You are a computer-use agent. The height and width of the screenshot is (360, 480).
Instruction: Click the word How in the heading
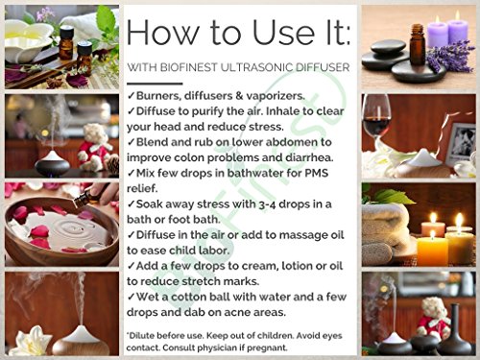click(162, 32)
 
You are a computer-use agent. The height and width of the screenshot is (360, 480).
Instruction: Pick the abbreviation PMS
click(316, 173)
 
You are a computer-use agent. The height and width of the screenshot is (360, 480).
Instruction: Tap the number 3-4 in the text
click(267, 204)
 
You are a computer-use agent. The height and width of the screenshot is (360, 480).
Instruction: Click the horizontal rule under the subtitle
click(155, 84)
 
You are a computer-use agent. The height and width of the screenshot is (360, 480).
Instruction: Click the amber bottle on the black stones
click(418, 45)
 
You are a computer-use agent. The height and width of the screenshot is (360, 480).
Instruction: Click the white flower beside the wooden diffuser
click(32, 341)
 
